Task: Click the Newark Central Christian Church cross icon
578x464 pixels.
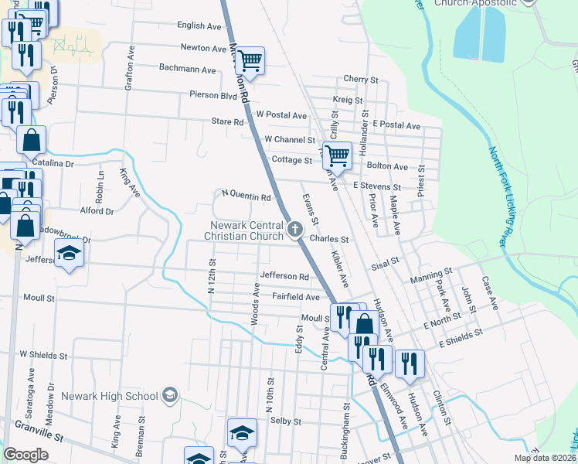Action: [x=294, y=229]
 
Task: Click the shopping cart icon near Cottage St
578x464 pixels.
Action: [x=337, y=155]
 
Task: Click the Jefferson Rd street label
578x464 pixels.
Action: [x=284, y=276]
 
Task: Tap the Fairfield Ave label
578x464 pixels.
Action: [x=295, y=297]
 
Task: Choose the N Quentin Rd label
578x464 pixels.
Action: [x=246, y=196]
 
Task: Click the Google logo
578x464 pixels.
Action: [x=25, y=454]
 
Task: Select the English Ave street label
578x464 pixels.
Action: [x=199, y=26]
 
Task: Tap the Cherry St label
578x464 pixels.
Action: [x=360, y=79]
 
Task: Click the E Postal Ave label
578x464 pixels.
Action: [x=396, y=125]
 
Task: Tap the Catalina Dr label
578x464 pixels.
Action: [x=53, y=164]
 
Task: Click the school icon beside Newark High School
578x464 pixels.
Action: [x=170, y=397]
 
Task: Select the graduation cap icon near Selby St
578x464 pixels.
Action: [x=243, y=434]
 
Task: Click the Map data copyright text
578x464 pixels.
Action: [x=543, y=458]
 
